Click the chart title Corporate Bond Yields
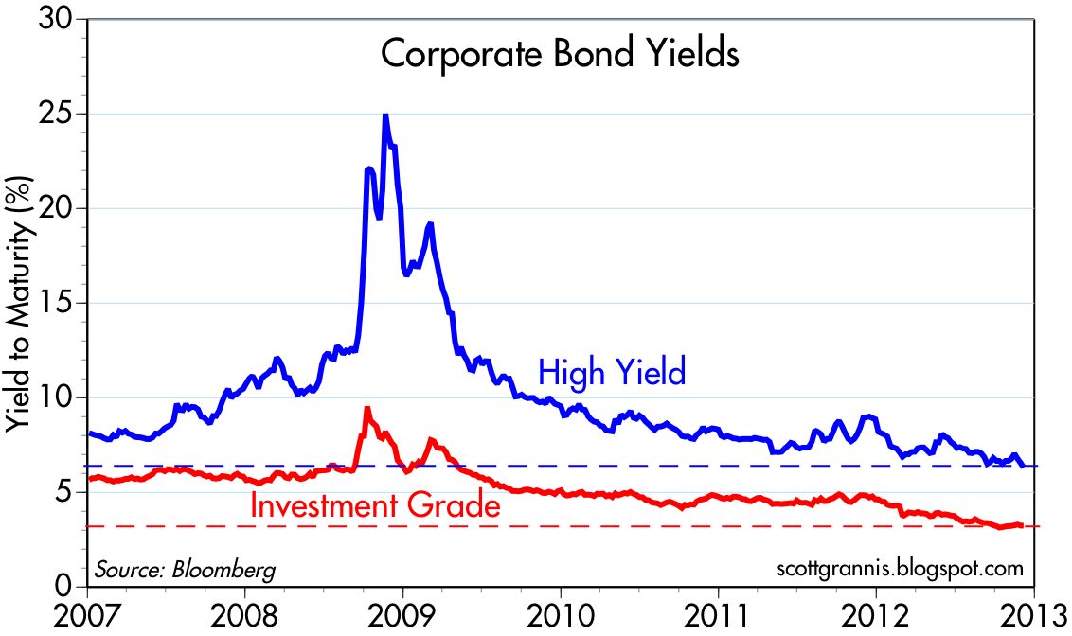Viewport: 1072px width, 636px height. (559, 54)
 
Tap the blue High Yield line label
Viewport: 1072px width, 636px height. (612, 372)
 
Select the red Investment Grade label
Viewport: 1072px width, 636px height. (375, 505)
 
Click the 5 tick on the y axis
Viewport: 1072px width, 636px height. (67, 493)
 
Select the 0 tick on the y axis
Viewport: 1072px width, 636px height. (67, 588)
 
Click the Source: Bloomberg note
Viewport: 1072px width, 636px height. (185, 571)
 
